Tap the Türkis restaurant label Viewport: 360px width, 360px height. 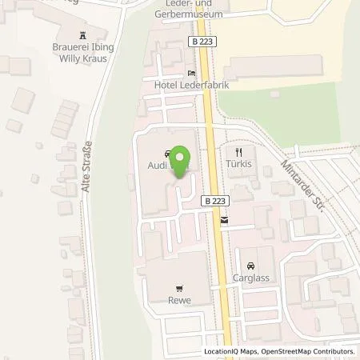[238, 163]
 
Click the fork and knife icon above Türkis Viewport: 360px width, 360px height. [238, 151]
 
